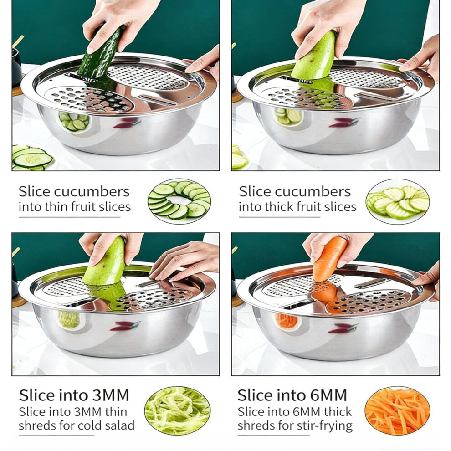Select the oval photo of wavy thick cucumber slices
click(x=398, y=201)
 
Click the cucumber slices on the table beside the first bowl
click(x=31, y=158)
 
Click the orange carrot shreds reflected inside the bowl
click(x=286, y=322)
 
